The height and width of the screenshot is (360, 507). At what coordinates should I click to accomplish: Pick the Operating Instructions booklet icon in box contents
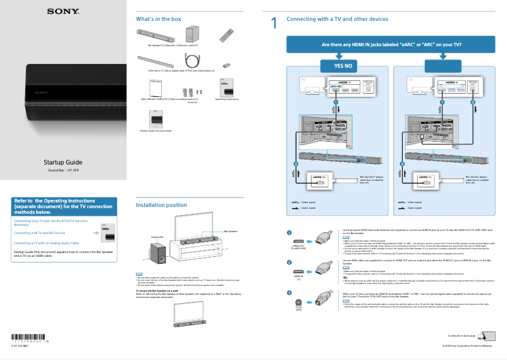(x=226, y=88)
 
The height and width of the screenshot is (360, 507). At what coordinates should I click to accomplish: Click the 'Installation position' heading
(x=161, y=205)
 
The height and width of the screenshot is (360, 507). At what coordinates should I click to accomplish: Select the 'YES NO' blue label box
(x=338, y=66)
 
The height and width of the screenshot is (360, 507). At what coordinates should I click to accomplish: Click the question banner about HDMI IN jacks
(x=391, y=45)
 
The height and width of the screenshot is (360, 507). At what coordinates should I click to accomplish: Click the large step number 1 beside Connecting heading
(x=274, y=24)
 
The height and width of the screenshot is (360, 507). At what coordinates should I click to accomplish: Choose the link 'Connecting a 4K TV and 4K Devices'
(x=39, y=233)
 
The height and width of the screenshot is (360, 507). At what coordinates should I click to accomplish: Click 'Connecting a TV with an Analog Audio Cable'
(x=46, y=243)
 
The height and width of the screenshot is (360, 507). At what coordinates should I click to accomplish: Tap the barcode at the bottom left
(x=29, y=337)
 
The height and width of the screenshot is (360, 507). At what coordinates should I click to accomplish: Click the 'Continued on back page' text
(x=461, y=335)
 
